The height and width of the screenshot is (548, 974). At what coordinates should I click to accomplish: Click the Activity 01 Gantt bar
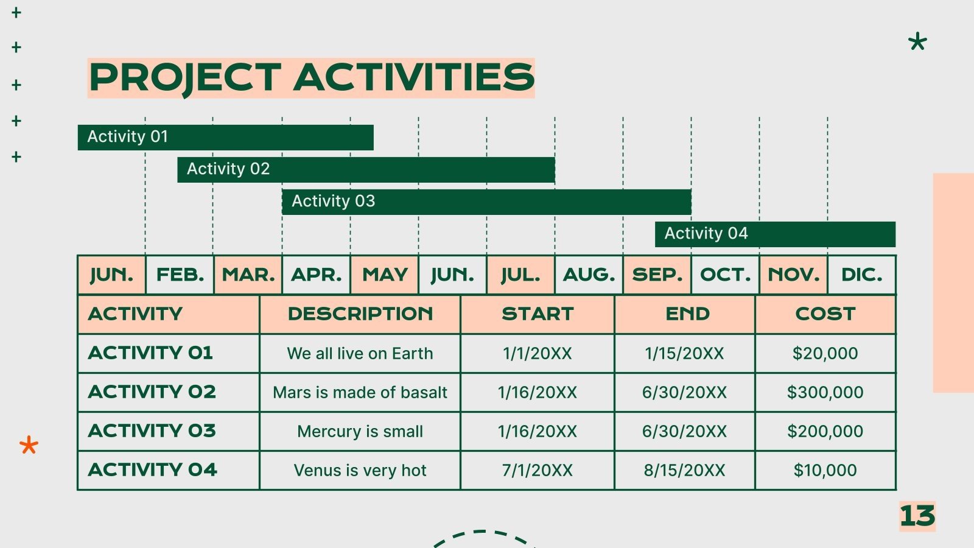click(226, 138)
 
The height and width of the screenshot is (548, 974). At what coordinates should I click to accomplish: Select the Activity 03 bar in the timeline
click(486, 202)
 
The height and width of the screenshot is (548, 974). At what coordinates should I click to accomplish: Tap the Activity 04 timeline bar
click(776, 234)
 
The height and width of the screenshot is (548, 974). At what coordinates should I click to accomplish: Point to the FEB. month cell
click(180, 275)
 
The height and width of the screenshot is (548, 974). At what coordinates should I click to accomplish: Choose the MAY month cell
click(385, 275)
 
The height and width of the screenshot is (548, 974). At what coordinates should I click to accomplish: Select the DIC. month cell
click(862, 275)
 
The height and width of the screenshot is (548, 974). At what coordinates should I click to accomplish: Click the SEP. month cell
click(657, 275)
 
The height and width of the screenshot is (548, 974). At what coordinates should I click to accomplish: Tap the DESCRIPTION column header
click(360, 314)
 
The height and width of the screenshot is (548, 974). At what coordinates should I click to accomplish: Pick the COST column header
click(825, 314)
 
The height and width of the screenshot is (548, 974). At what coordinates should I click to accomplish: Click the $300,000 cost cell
click(825, 392)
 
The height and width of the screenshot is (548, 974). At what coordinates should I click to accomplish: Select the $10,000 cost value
click(825, 470)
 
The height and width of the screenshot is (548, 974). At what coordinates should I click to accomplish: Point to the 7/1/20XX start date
click(538, 470)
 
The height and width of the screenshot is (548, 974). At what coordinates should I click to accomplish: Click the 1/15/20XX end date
click(684, 354)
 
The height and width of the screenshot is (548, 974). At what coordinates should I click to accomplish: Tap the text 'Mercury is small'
click(360, 432)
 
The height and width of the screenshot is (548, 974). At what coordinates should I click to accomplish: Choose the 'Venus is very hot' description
click(360, 470)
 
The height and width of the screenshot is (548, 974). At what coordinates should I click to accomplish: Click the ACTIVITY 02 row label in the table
click(152, 392)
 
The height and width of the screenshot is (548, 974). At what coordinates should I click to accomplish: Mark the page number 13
click(917, 516)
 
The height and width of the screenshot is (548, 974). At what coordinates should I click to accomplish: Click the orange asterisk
click(29, 445)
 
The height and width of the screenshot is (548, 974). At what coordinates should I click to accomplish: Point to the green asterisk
click(917, 41)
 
